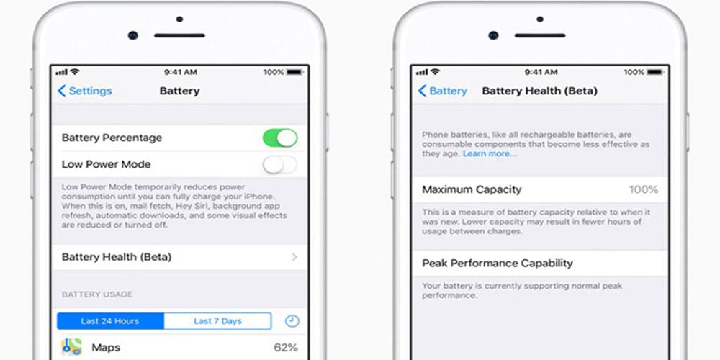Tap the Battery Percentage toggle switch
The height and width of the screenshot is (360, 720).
pos(280,138)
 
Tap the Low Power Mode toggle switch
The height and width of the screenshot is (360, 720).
pos(280,164)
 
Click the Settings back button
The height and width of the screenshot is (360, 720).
pos(84,91)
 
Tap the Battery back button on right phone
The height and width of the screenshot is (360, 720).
pos(442,91)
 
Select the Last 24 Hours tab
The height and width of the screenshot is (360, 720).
pos(110,321)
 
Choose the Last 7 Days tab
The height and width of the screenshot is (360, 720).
pos(217,321)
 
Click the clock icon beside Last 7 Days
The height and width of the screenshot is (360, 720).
pos(292,321)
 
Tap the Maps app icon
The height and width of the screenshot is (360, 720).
pos(71,347)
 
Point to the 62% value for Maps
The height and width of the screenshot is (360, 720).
pos(286,348)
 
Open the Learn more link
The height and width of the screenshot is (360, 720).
pos(490,154)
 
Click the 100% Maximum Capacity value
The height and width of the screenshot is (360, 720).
pos(643,189)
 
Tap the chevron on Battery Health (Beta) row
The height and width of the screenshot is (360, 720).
pos(294,257)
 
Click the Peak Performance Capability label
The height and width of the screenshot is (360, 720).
pos(498,263)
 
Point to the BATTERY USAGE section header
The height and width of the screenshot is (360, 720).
pos(97,294)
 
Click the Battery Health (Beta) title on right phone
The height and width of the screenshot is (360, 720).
pos(539,91)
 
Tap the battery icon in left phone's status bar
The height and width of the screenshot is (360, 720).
pos(294,72)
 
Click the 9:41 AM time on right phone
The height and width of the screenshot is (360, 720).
pos(541,72)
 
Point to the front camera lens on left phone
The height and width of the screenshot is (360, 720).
pos(133,35)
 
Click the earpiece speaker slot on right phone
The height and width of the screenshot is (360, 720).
pos(540,35)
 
